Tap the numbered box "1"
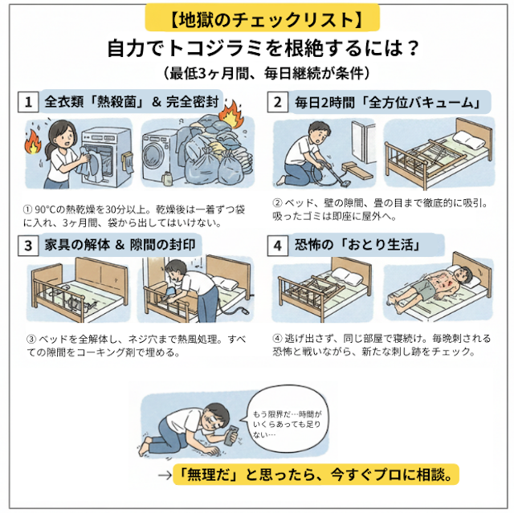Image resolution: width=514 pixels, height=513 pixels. [x=28, y=103]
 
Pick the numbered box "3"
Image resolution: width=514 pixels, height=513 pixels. [x=28, y=244]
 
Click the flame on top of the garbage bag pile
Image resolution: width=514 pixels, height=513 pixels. [x=231, y=112]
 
